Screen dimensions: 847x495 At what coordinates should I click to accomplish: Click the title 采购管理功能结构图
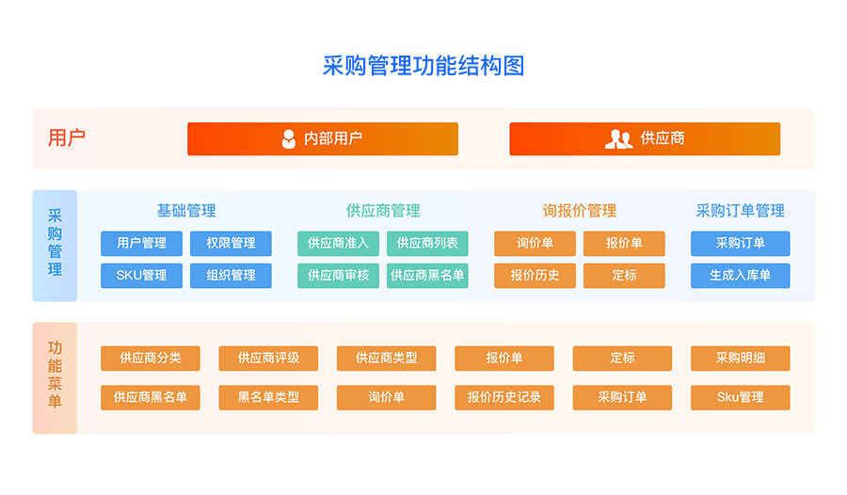point(423,66)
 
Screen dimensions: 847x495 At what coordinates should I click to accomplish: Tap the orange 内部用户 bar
point(323,139)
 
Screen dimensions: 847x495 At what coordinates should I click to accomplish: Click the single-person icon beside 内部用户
point(289,139)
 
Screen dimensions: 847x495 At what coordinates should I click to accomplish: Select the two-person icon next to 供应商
point(618,139)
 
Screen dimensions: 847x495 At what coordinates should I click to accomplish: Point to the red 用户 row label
point(67,137)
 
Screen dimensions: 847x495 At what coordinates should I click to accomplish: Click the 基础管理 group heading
point(186,211)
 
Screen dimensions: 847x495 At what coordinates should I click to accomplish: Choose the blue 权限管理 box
point(231,244)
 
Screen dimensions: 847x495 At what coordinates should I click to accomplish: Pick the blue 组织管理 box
point(231,276)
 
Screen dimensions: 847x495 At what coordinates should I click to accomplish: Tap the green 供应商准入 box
point(338,244)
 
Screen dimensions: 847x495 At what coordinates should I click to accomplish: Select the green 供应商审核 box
point(338,276)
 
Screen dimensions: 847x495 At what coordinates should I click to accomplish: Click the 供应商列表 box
point(427,244)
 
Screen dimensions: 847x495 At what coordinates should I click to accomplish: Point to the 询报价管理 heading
point(579,211)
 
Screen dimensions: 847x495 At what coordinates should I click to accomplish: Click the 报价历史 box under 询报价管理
point(535,276)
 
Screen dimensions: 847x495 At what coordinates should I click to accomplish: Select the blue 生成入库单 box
point(740,276)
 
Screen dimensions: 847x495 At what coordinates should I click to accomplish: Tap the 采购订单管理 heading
point(740,211)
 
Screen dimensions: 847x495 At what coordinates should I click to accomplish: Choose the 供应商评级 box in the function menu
point(268,359)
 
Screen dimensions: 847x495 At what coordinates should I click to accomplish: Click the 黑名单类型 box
point(268,398)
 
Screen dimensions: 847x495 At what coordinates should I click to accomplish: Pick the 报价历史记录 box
point(504,398)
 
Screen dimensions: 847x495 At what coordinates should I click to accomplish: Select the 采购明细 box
point(740,359)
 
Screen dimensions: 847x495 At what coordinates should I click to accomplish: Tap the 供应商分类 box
point(151,359)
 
